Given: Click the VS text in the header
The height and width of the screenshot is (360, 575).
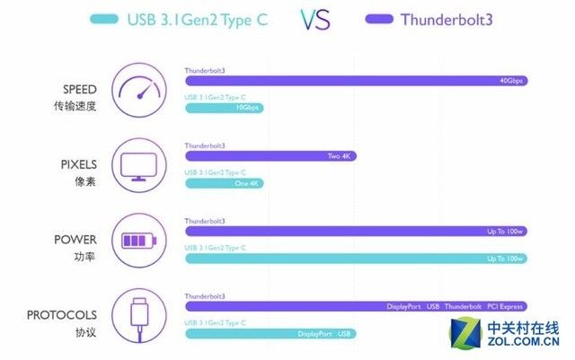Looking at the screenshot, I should (330, 20).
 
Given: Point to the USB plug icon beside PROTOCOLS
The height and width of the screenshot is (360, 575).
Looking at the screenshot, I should (142, 317).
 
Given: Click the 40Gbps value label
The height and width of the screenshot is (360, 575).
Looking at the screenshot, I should (511, 81).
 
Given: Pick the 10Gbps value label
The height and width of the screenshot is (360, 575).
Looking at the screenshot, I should (247, 108).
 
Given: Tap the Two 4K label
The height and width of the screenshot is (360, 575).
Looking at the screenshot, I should (339, 156).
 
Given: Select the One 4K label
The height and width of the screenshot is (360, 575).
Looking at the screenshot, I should (245, 183).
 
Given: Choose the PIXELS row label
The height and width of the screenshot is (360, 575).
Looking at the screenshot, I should (78, 164).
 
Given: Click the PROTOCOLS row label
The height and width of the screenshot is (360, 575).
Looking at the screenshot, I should (62, 315).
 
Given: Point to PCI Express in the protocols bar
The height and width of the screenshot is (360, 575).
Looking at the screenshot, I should (506, 306).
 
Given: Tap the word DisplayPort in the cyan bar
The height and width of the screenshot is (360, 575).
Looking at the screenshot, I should (314, 334).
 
